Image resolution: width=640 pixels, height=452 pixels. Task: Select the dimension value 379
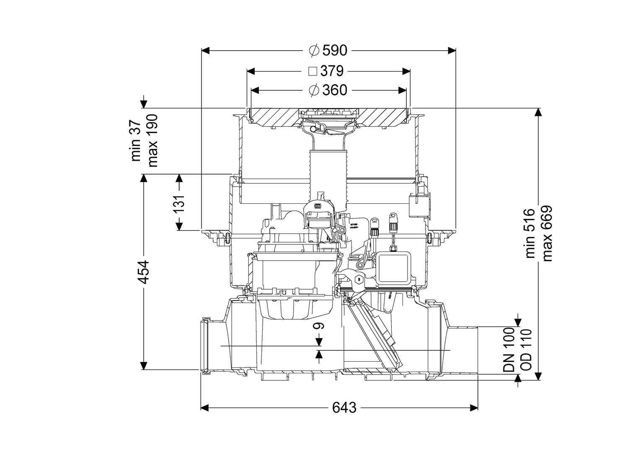tap(332, 71)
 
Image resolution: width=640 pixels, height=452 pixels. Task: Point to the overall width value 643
tap(344, 407)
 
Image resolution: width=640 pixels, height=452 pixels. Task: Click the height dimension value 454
tap(144, 272)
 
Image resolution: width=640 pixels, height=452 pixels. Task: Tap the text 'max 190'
tap(152, 140)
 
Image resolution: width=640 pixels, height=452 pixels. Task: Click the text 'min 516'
tap(530, 233)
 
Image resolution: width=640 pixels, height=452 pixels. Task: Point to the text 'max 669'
tap(547, 233)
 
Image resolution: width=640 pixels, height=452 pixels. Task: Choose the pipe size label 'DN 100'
tap(508, 351)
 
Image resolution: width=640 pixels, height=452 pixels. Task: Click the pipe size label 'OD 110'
tap(525, 351)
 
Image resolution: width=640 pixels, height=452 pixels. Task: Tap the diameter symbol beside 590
tap(315, 51)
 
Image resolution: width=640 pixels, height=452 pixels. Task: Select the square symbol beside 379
tap(312, 71)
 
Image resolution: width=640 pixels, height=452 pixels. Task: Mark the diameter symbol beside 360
tap(315, 90)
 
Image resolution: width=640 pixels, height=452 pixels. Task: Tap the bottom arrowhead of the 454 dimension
tap(144, 365)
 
